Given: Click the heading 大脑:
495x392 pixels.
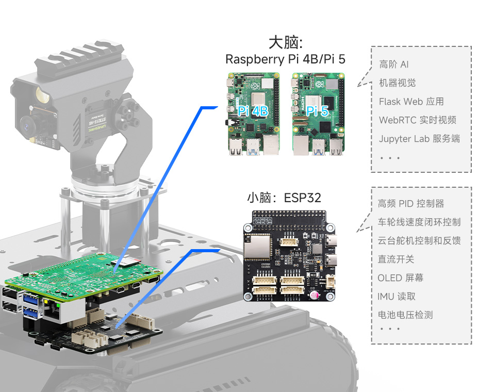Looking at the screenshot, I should [285, 42].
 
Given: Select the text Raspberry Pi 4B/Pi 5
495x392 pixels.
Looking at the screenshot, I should [285, 59].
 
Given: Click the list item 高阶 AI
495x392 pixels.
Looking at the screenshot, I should [394, 64].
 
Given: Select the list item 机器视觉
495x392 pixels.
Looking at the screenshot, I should [397, 83].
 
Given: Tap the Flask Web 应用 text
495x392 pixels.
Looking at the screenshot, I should [411, 102].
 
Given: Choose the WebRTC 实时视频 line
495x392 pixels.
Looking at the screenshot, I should [417, 120].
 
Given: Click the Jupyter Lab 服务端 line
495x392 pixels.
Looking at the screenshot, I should [419, 139].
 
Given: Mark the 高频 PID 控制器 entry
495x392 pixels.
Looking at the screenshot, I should [410, 204].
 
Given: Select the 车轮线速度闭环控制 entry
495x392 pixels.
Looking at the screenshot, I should [419, 222].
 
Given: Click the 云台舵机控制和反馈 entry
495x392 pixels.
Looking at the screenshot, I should [419, 241].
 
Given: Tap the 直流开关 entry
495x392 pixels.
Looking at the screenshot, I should [395, 259].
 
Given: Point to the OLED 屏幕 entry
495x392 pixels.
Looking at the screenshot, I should [400, 278].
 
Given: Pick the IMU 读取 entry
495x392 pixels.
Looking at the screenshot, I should [396, 297].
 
